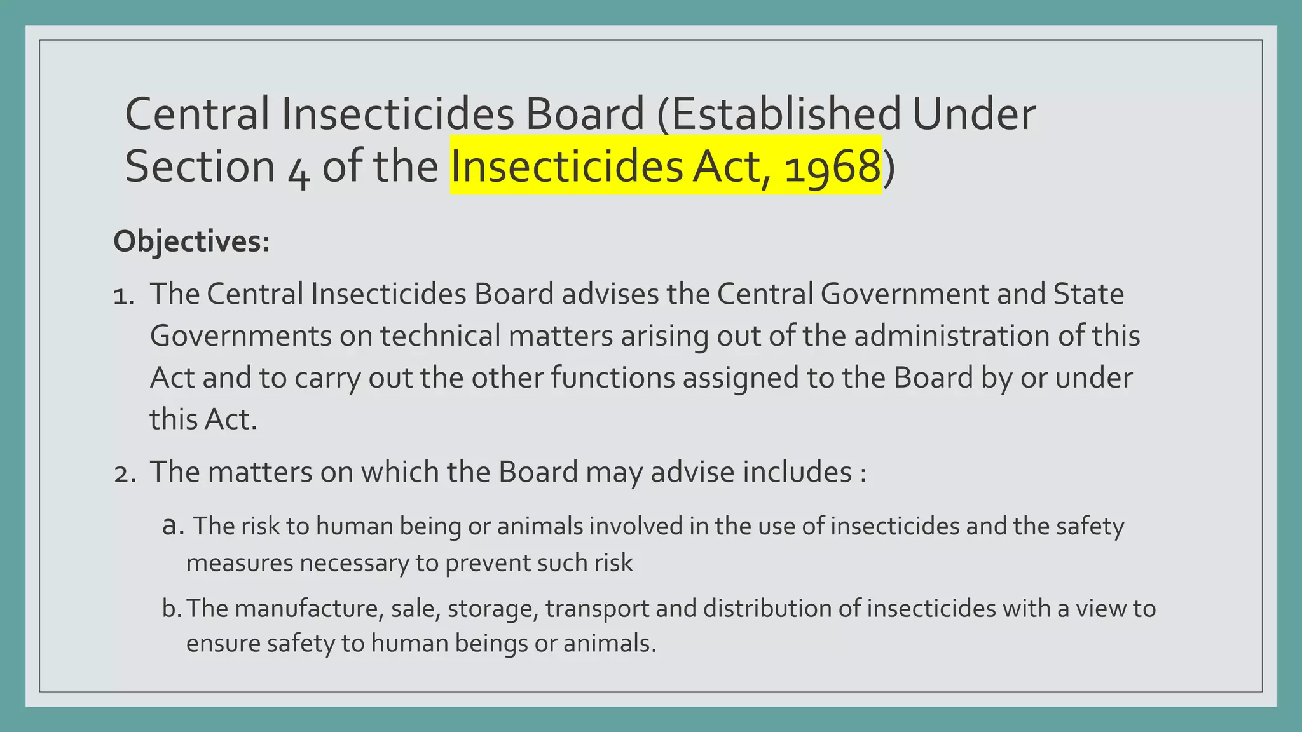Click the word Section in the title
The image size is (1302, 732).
[x=200, y=166]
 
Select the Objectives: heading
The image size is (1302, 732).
[x=191, y=241]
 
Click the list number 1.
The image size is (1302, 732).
[x=123, y=295]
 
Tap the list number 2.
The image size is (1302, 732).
[x=125, y=473]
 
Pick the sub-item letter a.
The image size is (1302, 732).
[x=172, y=526]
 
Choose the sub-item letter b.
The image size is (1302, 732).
[x=171, y=609]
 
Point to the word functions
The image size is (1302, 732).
[x=612, y=378]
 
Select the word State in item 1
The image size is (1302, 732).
[x=1088, y=294]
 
